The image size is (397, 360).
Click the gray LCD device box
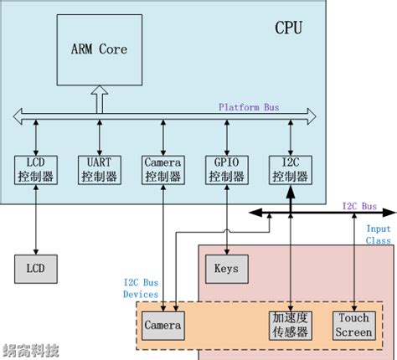[x=35, y=269]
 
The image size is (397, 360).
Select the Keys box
[x=225, y=269]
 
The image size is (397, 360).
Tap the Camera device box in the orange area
[x=163, y=325]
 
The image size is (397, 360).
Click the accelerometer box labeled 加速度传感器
[x=289, y=325]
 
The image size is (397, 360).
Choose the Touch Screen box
[x=353, y=325]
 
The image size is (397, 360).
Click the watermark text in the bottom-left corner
[x=29, y=350]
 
